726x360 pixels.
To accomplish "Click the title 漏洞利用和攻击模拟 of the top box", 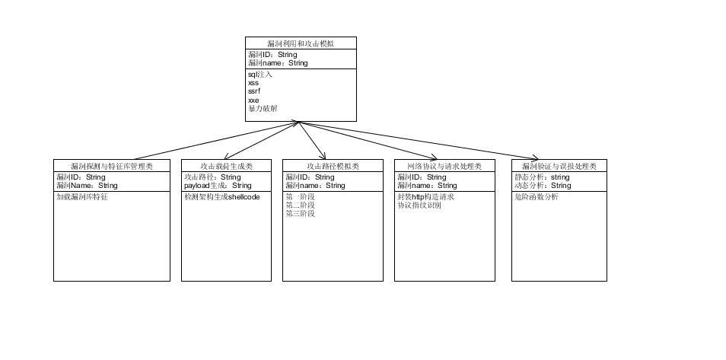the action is (x=301, y=44).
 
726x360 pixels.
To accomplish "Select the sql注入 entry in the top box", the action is (x=260, y=75).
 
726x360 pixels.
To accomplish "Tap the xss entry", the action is (x=254, y=83).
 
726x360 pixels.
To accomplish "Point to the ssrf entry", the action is (x=254, y=91).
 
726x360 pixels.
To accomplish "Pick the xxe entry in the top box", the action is (x=254, y=100).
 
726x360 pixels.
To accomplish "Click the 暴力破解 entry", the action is (x=263, y=108).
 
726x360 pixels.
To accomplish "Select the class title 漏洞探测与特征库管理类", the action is (x=112, y=166).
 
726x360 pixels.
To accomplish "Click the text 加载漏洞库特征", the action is (x=81, y=196).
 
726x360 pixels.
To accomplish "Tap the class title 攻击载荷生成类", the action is (x=226, y=166).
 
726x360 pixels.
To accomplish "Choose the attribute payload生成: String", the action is (x=218, y=185).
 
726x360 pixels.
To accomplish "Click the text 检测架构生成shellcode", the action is (x=221, y=196).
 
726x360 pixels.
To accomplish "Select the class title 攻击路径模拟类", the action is (x=333, y=166).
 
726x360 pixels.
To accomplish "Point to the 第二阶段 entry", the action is (x=300, y=205).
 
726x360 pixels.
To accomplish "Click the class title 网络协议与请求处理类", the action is (x=445, y=166).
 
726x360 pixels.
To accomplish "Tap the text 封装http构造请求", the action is (x=426, y=196).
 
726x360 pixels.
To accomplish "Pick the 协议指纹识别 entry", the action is (x=419, y=205).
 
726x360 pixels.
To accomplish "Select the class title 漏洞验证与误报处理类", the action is (x=559, y=166).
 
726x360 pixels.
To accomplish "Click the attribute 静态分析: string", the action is (x=542, y=177).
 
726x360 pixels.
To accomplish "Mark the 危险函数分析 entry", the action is (x=536, y=196).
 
